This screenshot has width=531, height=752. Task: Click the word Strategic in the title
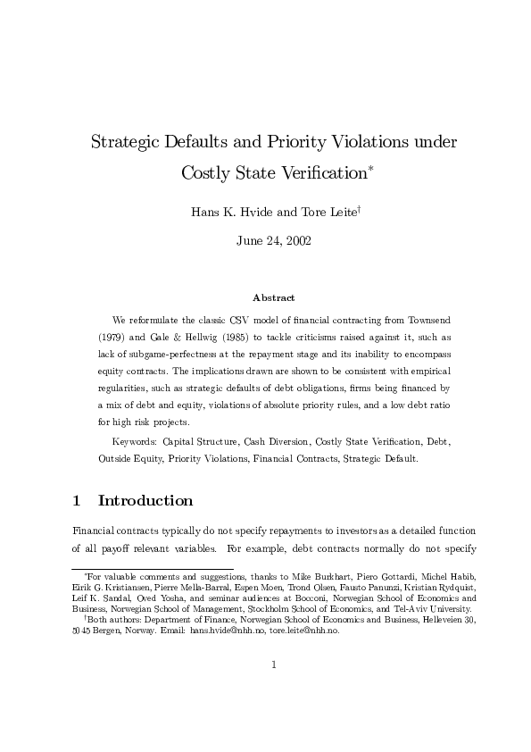(128, 142)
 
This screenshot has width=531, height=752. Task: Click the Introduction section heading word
(145, 500)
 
